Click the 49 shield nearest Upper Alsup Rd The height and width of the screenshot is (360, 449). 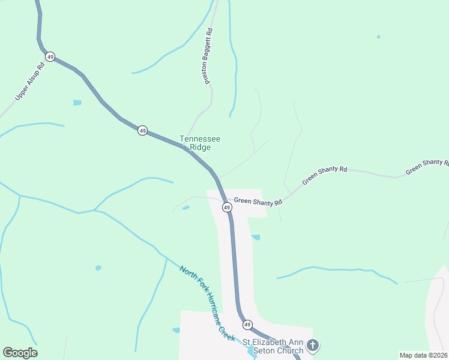(x=50, y=57)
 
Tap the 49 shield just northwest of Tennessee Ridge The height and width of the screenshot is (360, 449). (x=142, y=130)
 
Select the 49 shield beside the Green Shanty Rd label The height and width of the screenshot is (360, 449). (x=226, y=207)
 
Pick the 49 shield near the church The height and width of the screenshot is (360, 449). (x=247, y=325)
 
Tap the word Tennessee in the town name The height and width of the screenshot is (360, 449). (x=200, y=139)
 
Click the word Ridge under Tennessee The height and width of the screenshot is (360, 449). (x=200, y=147)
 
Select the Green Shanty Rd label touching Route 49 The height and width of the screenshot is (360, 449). (x=258, y=202)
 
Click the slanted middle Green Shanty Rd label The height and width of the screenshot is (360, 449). (x=325, y=175)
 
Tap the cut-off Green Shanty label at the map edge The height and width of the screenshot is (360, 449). (x=427, y=167)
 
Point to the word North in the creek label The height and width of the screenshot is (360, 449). (x=187, y=274)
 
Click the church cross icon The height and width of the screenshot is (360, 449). (x=312, y=345)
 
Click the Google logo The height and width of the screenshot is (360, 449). (x=20, y=353)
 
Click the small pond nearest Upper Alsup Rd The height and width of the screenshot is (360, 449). (x=77, y=103)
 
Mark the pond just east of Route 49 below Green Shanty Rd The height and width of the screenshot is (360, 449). (x=256, y=238)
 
